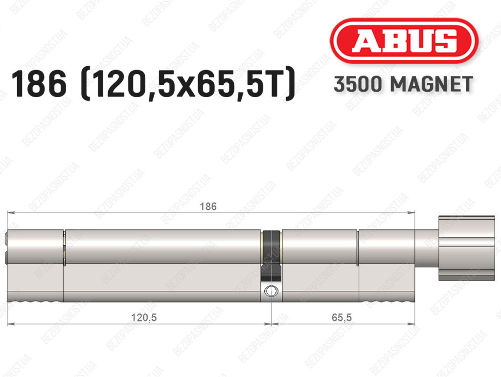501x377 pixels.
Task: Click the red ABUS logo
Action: tap(404, 41)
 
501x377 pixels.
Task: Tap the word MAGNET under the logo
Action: tap(432, 84)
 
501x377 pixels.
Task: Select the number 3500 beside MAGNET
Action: tap(358, 84)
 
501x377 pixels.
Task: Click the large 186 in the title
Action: tap(39, 84)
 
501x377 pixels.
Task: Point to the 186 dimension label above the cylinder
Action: tap(208, 206)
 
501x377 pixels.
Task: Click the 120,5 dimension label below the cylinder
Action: tap(144, 318)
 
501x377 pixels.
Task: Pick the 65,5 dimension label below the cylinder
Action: tap(342, 318)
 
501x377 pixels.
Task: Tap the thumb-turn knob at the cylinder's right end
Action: tap(466, 249)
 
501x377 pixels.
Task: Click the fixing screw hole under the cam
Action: tap(271, 291)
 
